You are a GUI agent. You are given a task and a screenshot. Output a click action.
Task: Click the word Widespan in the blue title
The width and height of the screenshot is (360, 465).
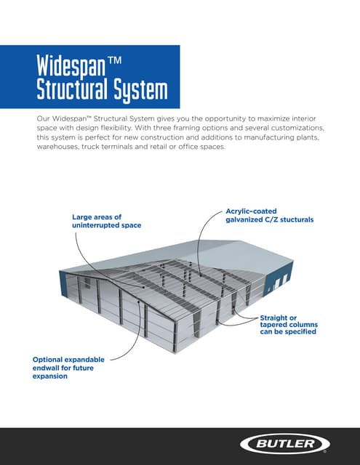pyautogui.click(x=71, y=66)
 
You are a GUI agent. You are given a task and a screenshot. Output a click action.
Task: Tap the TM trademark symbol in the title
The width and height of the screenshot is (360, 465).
pyautogui.click(x=115, y=60)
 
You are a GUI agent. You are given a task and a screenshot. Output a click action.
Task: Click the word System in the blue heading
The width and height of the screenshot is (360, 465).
pyautogui.click(x=140, y=90)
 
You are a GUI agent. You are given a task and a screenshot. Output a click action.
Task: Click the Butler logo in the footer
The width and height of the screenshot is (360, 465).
pyautogui.click(x=284, y=444)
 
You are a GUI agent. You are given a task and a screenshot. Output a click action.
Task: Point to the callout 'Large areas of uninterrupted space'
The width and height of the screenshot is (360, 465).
pyautogui.click(x=107, y=221)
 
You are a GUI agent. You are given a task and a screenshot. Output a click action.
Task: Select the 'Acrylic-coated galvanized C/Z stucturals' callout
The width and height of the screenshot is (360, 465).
pyautogui.click(x=270, y=215)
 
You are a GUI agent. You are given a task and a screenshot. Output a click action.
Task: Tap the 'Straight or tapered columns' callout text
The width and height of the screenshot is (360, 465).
pyautogui.click(x=289, y=325)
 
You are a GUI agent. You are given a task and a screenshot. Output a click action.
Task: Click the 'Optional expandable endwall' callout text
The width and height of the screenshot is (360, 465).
pyautogui.click(x=68, y=368)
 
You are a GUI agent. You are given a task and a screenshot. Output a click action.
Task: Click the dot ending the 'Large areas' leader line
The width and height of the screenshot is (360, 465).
pyautogui.click(x=143, y=287)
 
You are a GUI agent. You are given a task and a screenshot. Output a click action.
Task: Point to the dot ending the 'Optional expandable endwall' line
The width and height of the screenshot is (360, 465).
pyautogui.click(x=139, y=302)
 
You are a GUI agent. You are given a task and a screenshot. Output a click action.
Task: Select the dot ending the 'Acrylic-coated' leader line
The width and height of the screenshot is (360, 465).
pyautogui.click(x=201, y=275)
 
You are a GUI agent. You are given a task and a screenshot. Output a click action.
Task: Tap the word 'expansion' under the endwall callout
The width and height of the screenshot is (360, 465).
pyautogui.click(x=50, y=376)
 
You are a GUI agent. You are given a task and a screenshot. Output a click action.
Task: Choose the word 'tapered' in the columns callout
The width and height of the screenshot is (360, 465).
pyautogui.click(x=273, y=325)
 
